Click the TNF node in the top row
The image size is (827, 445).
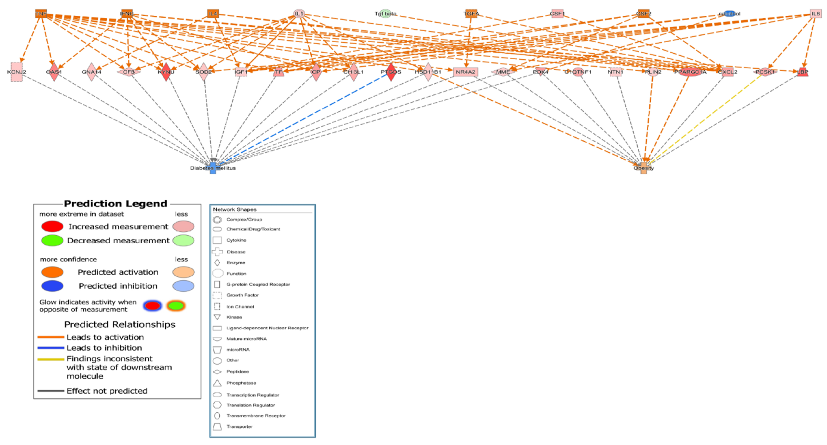[41, 13]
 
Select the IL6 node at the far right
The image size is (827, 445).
[815, 13]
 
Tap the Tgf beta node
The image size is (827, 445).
[386, 13]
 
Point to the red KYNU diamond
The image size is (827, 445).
[166, 72]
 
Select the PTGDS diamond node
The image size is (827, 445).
[391, 72]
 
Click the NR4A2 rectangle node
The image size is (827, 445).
[466, 72]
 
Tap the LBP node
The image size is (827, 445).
[802, 72]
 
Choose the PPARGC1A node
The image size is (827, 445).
[690, 72]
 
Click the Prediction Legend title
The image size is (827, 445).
[115, 204]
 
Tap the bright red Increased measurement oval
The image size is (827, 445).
[52, 226]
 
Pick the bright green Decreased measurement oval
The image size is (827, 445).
[52, 240]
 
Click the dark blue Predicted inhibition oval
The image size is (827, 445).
[52, 286]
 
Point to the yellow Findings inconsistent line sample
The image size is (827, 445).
[51, 359]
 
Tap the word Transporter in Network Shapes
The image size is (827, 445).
[239, 427]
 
